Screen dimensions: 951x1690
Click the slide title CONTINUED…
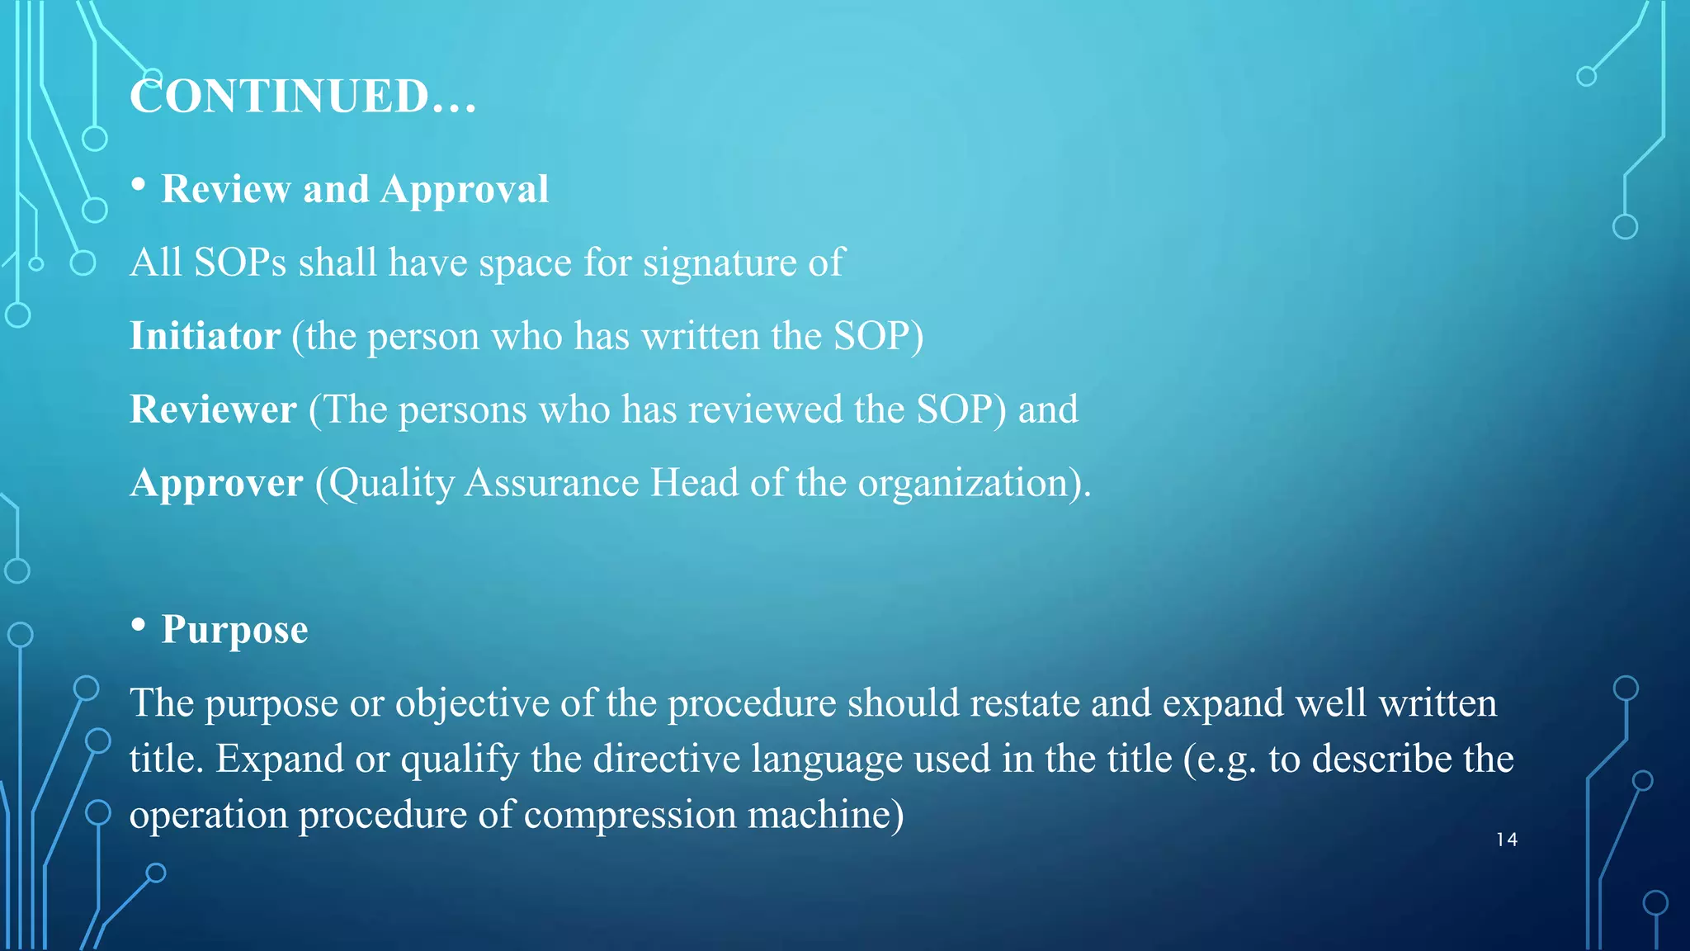[x=303, y=97]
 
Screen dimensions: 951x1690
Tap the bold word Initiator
[x=205, y=336]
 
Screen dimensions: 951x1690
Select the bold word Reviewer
[x=213, y=409]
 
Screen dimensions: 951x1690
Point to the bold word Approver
[x=216, y=483]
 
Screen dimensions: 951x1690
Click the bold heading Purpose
[x=234, y=630]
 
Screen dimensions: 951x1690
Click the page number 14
[x=1506, y=840]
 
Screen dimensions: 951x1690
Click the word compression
[x=630, y=816]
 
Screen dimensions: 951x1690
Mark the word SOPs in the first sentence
[x=240, y=263]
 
